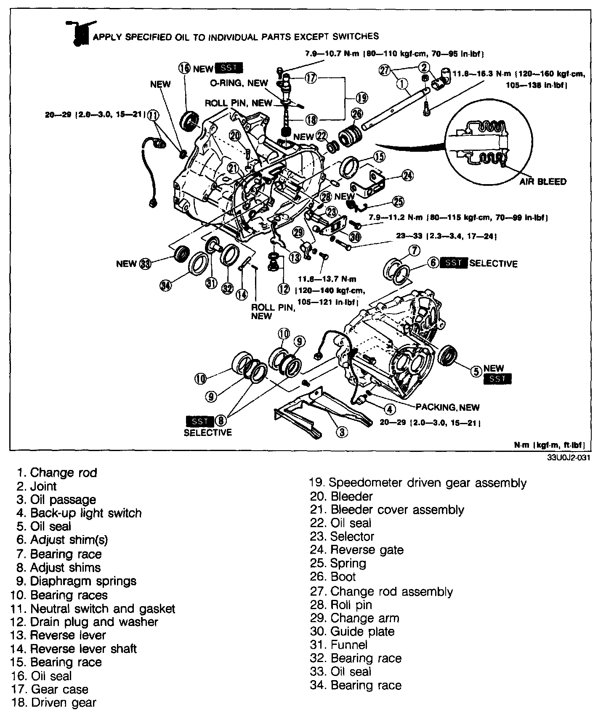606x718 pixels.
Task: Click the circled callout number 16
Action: tap(185, 68)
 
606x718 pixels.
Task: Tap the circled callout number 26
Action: tap(356, 113)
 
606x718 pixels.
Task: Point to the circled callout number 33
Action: tap(146, 264)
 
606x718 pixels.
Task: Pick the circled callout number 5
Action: tap(475, 371)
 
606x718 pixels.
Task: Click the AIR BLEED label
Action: tap(542, 182)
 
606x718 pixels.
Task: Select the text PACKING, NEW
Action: tap(447, 407)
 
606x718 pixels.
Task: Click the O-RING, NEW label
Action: tap(239, 83)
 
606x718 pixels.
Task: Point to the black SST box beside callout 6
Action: tap(453, 263)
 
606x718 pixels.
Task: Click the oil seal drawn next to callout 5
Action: tap(447, 355)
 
